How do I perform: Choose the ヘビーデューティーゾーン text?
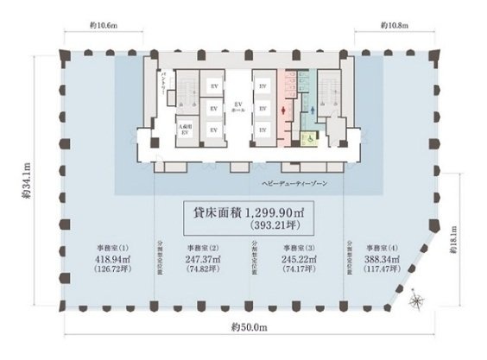pyautogui.click(x=287, y=185)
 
